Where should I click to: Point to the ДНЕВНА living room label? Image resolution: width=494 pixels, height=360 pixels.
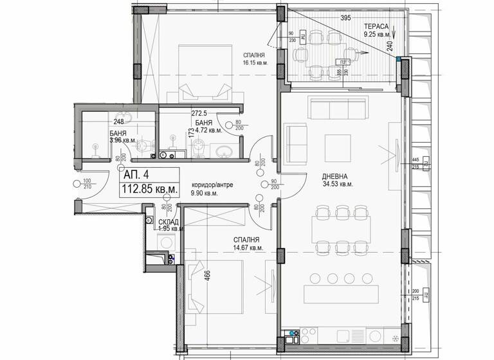335,175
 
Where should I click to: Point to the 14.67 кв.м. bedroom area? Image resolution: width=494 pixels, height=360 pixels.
248,248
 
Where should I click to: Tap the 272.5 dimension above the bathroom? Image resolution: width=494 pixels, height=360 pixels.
201,113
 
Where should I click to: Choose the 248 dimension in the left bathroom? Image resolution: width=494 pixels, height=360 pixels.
119,121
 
